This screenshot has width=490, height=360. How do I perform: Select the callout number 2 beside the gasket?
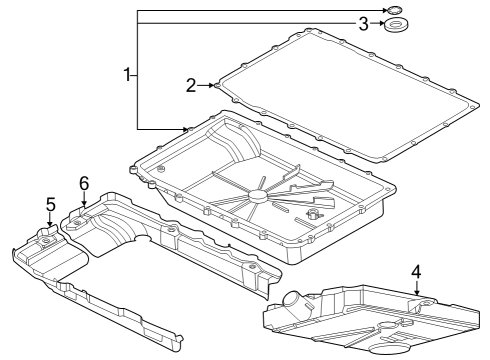pyautogui.click(x=191, y=85)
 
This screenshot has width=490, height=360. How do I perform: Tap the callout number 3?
pyautogui.click(x=365, y=23)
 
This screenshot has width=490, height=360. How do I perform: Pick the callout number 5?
pyautogui.click(x=49, y=205)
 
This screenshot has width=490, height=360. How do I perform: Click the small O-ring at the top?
pyautogui.click(x=395, y=10)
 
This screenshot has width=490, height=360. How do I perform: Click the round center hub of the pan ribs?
pyautogui.click(x=263, y=197)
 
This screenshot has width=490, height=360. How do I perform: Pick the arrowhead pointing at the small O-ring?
pyautogui.click(x=384, y=10)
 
